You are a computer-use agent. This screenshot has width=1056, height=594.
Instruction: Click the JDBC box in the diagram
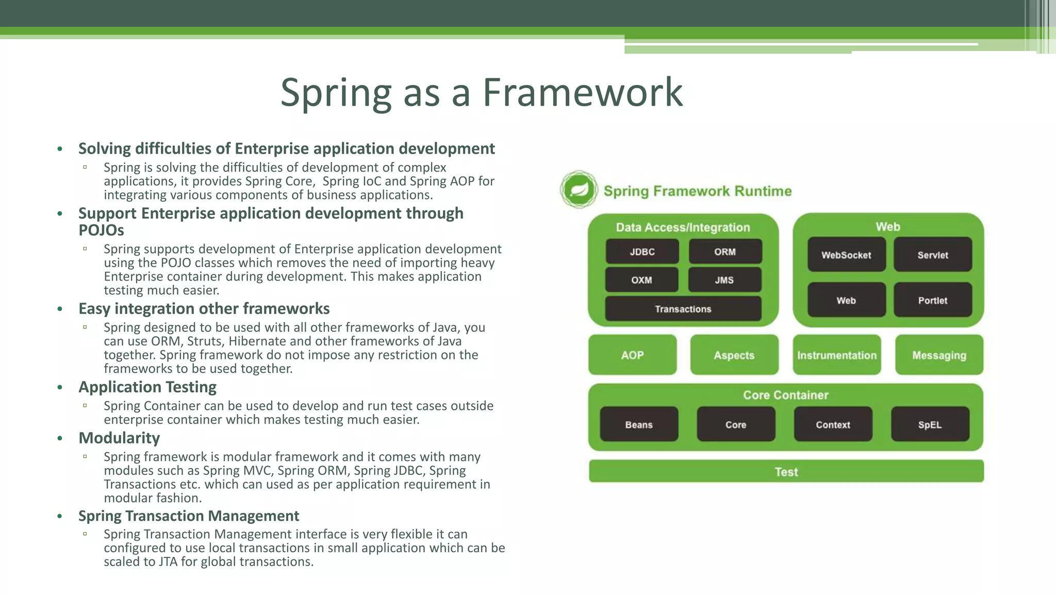point(642,252)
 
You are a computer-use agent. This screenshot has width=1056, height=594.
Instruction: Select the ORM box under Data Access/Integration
point(724,252)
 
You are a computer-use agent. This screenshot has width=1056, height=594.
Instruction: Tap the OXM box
point(641,280)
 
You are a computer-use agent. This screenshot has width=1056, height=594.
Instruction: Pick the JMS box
point(724,280)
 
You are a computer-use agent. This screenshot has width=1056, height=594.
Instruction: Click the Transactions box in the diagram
point(683,309)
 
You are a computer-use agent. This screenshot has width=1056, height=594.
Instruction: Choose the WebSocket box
point(846,255)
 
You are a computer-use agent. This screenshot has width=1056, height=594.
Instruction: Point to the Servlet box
point(932,255)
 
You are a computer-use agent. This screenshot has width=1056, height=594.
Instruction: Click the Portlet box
point(932,300)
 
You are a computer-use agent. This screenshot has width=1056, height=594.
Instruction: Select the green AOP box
point(632,355)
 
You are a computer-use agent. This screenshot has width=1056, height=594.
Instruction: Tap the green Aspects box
point(734,355)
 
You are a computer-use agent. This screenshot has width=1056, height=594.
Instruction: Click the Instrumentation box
point(836,355)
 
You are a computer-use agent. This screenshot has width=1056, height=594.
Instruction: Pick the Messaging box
point(939,355)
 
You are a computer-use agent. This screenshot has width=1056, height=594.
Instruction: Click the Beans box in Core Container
point(639,424)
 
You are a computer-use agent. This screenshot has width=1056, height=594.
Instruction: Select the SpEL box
point(930,424)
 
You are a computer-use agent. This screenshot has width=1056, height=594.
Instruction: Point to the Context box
point(833,424)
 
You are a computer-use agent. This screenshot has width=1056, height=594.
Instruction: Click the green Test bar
point(786,471)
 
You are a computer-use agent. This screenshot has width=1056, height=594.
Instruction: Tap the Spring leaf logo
point(579,190)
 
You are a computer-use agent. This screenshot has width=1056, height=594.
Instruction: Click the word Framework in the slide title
point(582,93)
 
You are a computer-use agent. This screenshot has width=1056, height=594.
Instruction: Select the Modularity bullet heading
point(119,438)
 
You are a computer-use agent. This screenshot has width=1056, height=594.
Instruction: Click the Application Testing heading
point(147,387)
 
